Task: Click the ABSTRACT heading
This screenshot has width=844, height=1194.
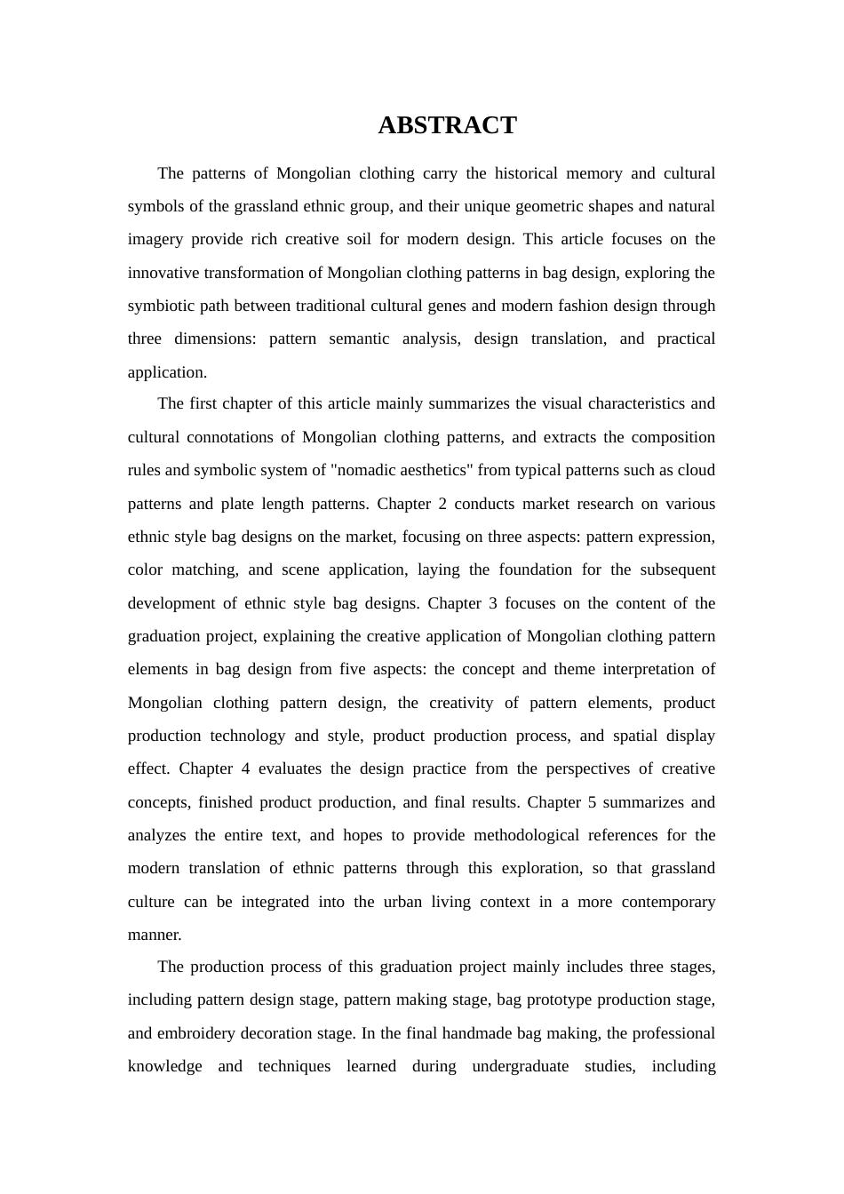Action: click(x=447, y=125)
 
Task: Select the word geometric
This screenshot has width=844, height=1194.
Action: click(x=532, y=206)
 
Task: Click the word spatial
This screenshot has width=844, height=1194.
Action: click(x=631, y=736)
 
